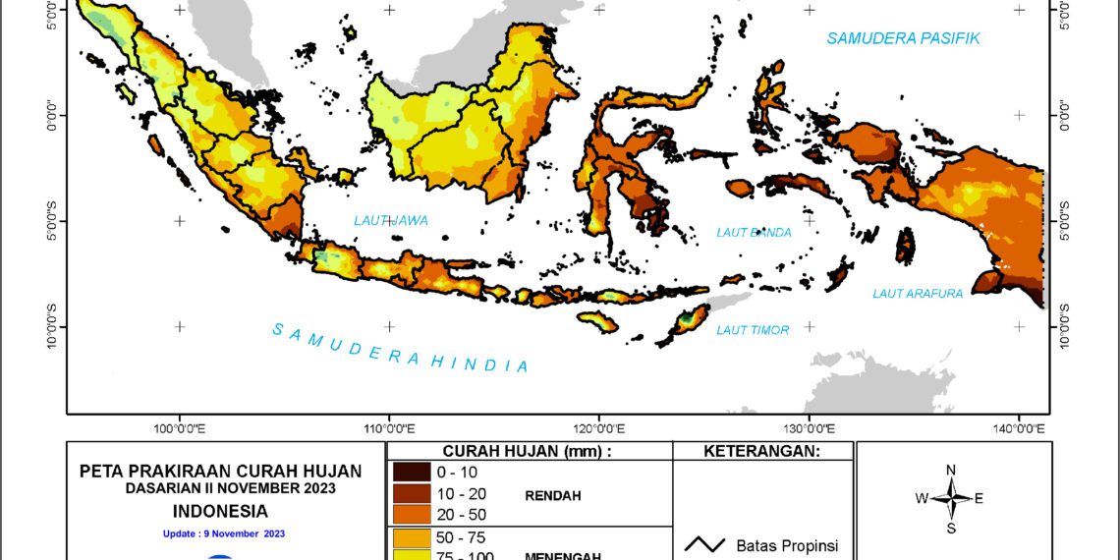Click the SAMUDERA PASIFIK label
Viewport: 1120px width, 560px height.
pos(903,38)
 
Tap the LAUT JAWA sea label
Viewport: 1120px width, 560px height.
pos(391,221)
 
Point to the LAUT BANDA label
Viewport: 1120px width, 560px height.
pos(754,233)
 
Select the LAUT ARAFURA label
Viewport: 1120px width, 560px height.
pos(918,294)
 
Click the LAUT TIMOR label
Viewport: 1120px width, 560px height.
pos(753,330)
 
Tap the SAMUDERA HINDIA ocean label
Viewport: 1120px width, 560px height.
pos(401,347)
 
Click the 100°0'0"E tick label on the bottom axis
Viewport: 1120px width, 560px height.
pos(180,428)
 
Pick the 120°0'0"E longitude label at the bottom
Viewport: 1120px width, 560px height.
pos(599,428)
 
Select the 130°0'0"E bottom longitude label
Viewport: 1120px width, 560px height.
pos(809,428)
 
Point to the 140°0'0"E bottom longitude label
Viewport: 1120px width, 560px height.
pos(1020,428)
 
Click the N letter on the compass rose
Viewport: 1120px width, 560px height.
pos(950,470)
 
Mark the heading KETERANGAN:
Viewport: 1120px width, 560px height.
pos(763,451)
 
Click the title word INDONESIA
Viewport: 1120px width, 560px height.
pos(220,511)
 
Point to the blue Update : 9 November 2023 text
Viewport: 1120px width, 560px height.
pos(223,533)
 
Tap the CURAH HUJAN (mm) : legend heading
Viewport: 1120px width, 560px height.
pos(528,451)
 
